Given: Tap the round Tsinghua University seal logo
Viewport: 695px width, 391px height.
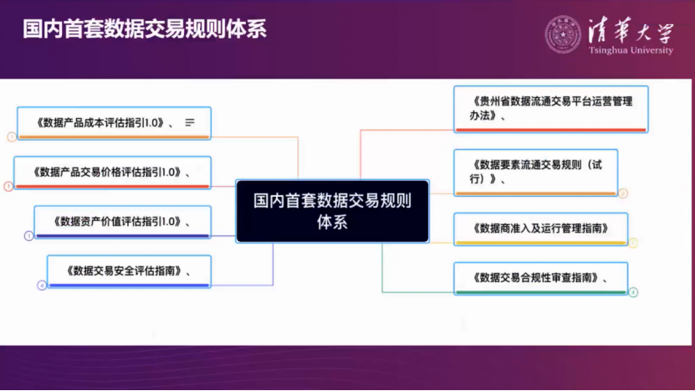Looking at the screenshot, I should tap(563, 33).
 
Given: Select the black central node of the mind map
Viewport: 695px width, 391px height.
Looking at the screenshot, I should tap(332, 211).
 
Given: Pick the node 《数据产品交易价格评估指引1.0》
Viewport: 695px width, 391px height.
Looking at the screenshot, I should tap(112, 172).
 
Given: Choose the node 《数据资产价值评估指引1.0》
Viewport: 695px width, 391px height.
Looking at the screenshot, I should tap(122, 222).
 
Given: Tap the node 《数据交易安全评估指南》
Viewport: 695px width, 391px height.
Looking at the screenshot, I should tap(128, 270).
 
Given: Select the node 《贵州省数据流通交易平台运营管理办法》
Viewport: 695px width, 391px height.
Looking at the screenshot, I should tap(550, 109).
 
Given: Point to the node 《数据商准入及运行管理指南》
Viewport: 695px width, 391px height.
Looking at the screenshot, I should tap(539, 228).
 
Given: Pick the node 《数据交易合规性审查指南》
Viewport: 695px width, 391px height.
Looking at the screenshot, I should tap(539, 277).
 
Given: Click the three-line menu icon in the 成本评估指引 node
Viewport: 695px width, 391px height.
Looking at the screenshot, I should tap(190, 122).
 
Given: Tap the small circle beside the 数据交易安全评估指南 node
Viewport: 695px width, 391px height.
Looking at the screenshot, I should tap(41, 286).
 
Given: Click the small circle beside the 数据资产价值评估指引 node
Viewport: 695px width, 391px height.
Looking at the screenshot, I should tap(28, 236).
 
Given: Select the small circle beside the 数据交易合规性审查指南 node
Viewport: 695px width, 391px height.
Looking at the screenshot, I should tap(633, 292).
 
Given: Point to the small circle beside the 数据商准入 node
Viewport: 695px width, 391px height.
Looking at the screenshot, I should tap(633, 243).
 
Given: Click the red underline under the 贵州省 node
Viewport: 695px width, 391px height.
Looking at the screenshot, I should tap(550, 130).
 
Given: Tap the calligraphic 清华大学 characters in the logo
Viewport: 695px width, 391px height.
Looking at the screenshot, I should tap(628, 30).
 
